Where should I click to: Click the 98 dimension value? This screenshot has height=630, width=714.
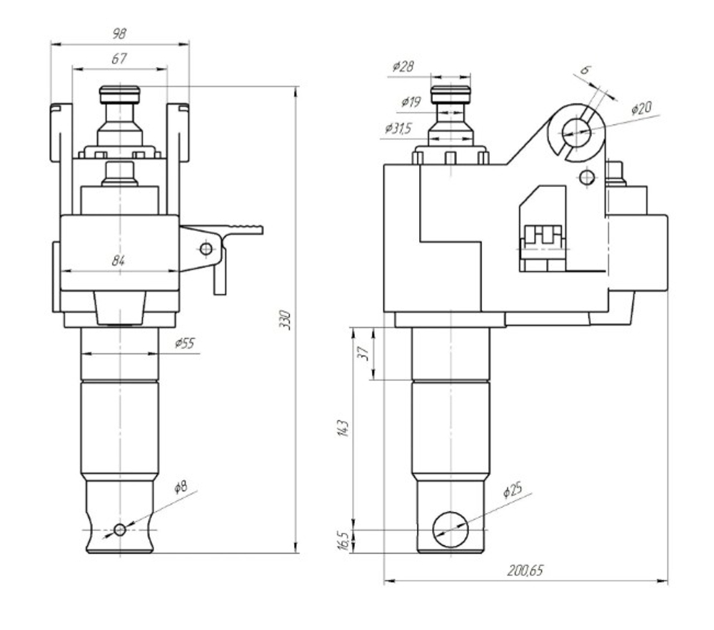[x=119, y=34]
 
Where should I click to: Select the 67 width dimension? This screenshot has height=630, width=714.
[x=119, y=59]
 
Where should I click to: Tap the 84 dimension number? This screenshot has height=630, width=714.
[x=118, y=260]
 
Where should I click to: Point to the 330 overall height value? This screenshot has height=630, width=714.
[x=285, y=320]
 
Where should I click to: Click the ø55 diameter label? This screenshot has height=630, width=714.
[x=184, y=343]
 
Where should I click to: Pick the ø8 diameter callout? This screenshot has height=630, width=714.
[x=181, y=487]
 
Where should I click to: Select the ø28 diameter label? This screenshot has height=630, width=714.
[x=403, y=66]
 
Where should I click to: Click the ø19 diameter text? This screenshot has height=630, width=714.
[x=411, y=102]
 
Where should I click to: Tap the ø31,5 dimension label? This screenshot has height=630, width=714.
[x=398, y=128]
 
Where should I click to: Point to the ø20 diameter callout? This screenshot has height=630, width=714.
[x=641, y=108]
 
